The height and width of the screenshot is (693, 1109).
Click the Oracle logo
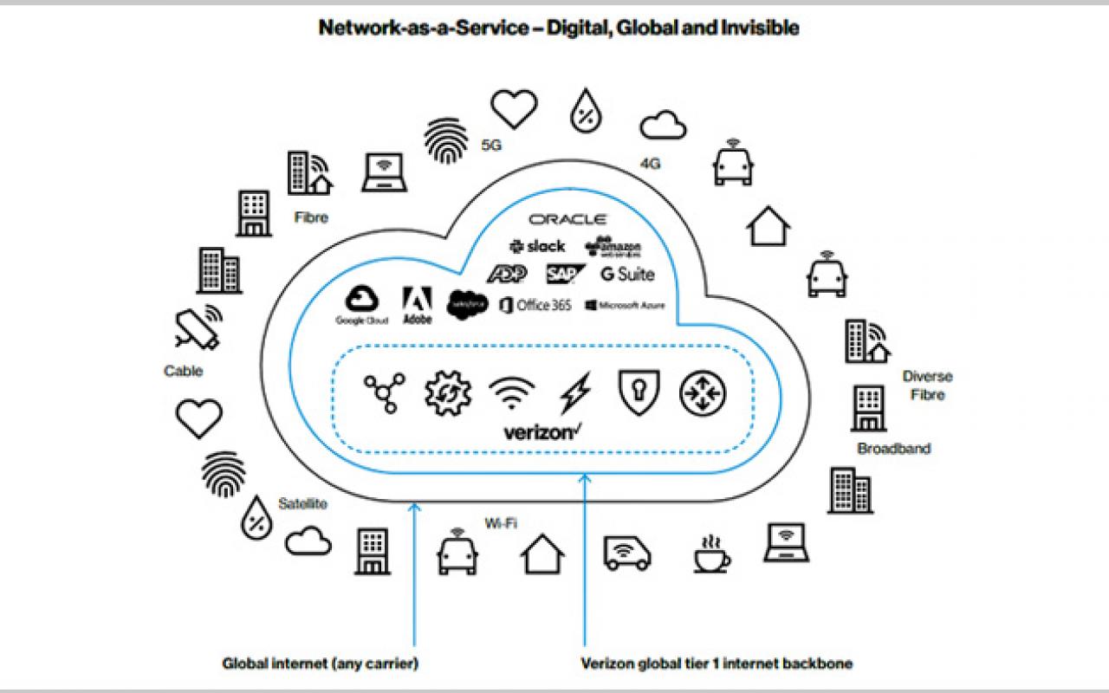(568, 220)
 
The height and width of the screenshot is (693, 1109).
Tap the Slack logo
(537, 247)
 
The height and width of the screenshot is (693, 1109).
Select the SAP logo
(565, 275)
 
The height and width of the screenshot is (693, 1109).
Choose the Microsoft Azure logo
(625, 305)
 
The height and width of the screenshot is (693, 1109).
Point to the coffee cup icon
(711, 554)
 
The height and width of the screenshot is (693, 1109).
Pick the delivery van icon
(627, 553)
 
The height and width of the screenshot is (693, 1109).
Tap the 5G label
(491, 146)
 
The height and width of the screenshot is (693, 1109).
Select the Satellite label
(302, 503)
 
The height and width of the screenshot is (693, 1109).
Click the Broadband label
(893, 449)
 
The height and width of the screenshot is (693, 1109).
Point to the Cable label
(183, 372)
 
